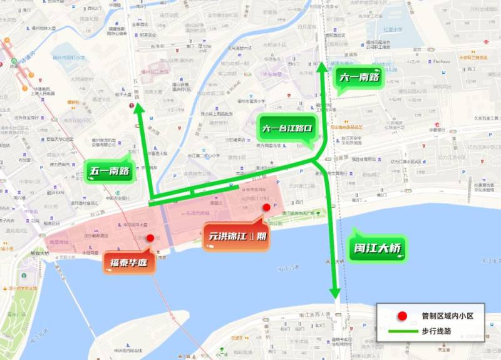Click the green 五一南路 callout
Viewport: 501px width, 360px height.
point(111,170)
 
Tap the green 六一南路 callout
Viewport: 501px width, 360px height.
point(359,78)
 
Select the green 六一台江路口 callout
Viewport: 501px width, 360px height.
point(286,130)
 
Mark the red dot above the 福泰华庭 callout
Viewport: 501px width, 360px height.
point(150,238)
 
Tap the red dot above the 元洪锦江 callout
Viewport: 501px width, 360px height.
point(266,207)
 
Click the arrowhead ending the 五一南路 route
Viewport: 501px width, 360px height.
point(139,110)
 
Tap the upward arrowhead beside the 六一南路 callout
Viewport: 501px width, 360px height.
point(322,66)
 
